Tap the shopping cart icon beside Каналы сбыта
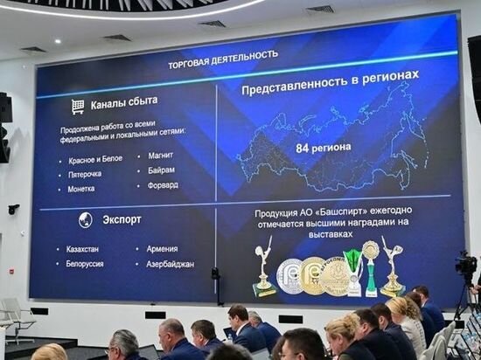click(x=78, y=106)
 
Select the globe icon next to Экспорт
click(x=85, y=219)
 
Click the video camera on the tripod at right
click(x=466, y=266)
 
